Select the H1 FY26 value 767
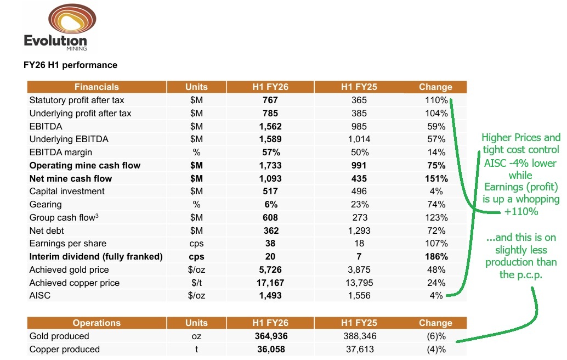270,100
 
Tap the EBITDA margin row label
61,153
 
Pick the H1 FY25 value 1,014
359,139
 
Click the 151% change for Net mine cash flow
436,178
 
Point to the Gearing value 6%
270,205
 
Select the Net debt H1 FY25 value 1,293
359,230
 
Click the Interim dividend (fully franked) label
96,257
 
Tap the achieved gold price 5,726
270,270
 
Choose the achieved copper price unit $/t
196,283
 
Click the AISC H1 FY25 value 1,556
359,296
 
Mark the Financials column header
97,87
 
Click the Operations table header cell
97,323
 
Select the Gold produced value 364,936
270,336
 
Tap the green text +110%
521,211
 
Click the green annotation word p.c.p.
529,274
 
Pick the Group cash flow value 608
270,218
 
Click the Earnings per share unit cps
196,244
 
